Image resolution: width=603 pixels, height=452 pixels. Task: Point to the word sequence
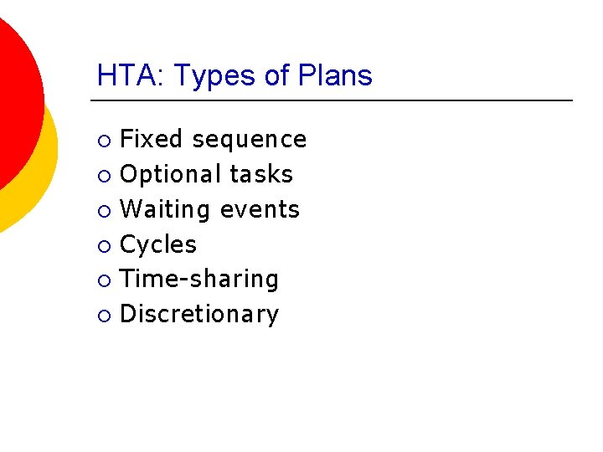[250, 139]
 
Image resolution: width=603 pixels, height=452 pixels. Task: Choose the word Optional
[170, 174]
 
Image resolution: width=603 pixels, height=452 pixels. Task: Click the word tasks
[261, 174]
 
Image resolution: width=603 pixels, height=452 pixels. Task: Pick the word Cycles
[158, 244]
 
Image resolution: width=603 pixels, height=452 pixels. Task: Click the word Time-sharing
[199, 280]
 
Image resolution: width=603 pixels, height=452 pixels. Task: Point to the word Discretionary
[199, 315]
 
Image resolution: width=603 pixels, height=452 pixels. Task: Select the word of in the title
[276, 76]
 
